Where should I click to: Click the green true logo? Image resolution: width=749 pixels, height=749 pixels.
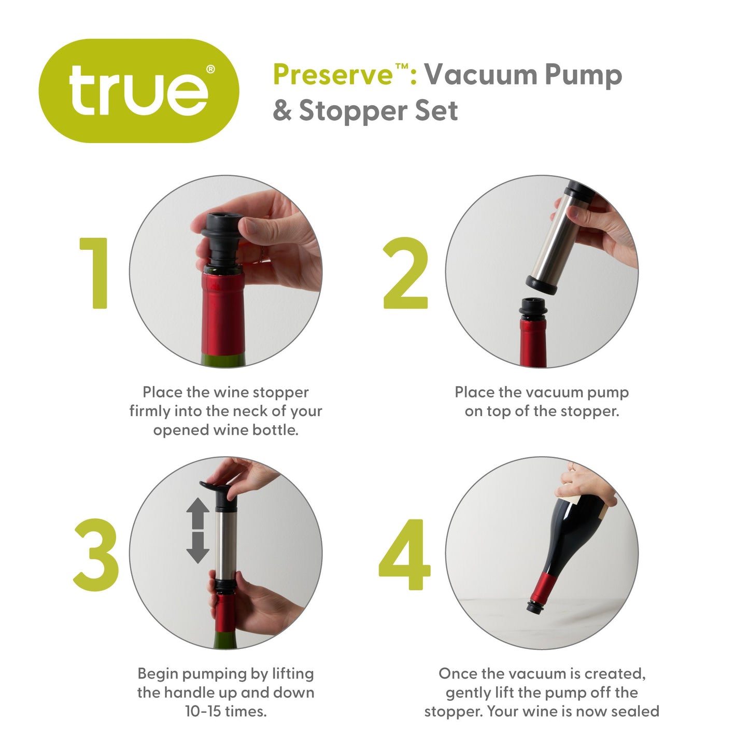tap(138, 91)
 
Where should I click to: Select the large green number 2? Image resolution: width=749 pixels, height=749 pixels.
tap(405, 273)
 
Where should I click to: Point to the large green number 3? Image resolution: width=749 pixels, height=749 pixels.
tap(96, 555)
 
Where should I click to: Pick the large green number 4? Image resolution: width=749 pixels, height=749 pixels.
tap(405, 555)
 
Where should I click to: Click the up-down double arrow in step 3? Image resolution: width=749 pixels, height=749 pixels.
tap(197, 530)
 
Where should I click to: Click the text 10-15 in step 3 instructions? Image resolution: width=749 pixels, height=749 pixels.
tap(203, 711)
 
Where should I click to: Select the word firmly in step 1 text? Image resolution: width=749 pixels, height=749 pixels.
tap(150, 411)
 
